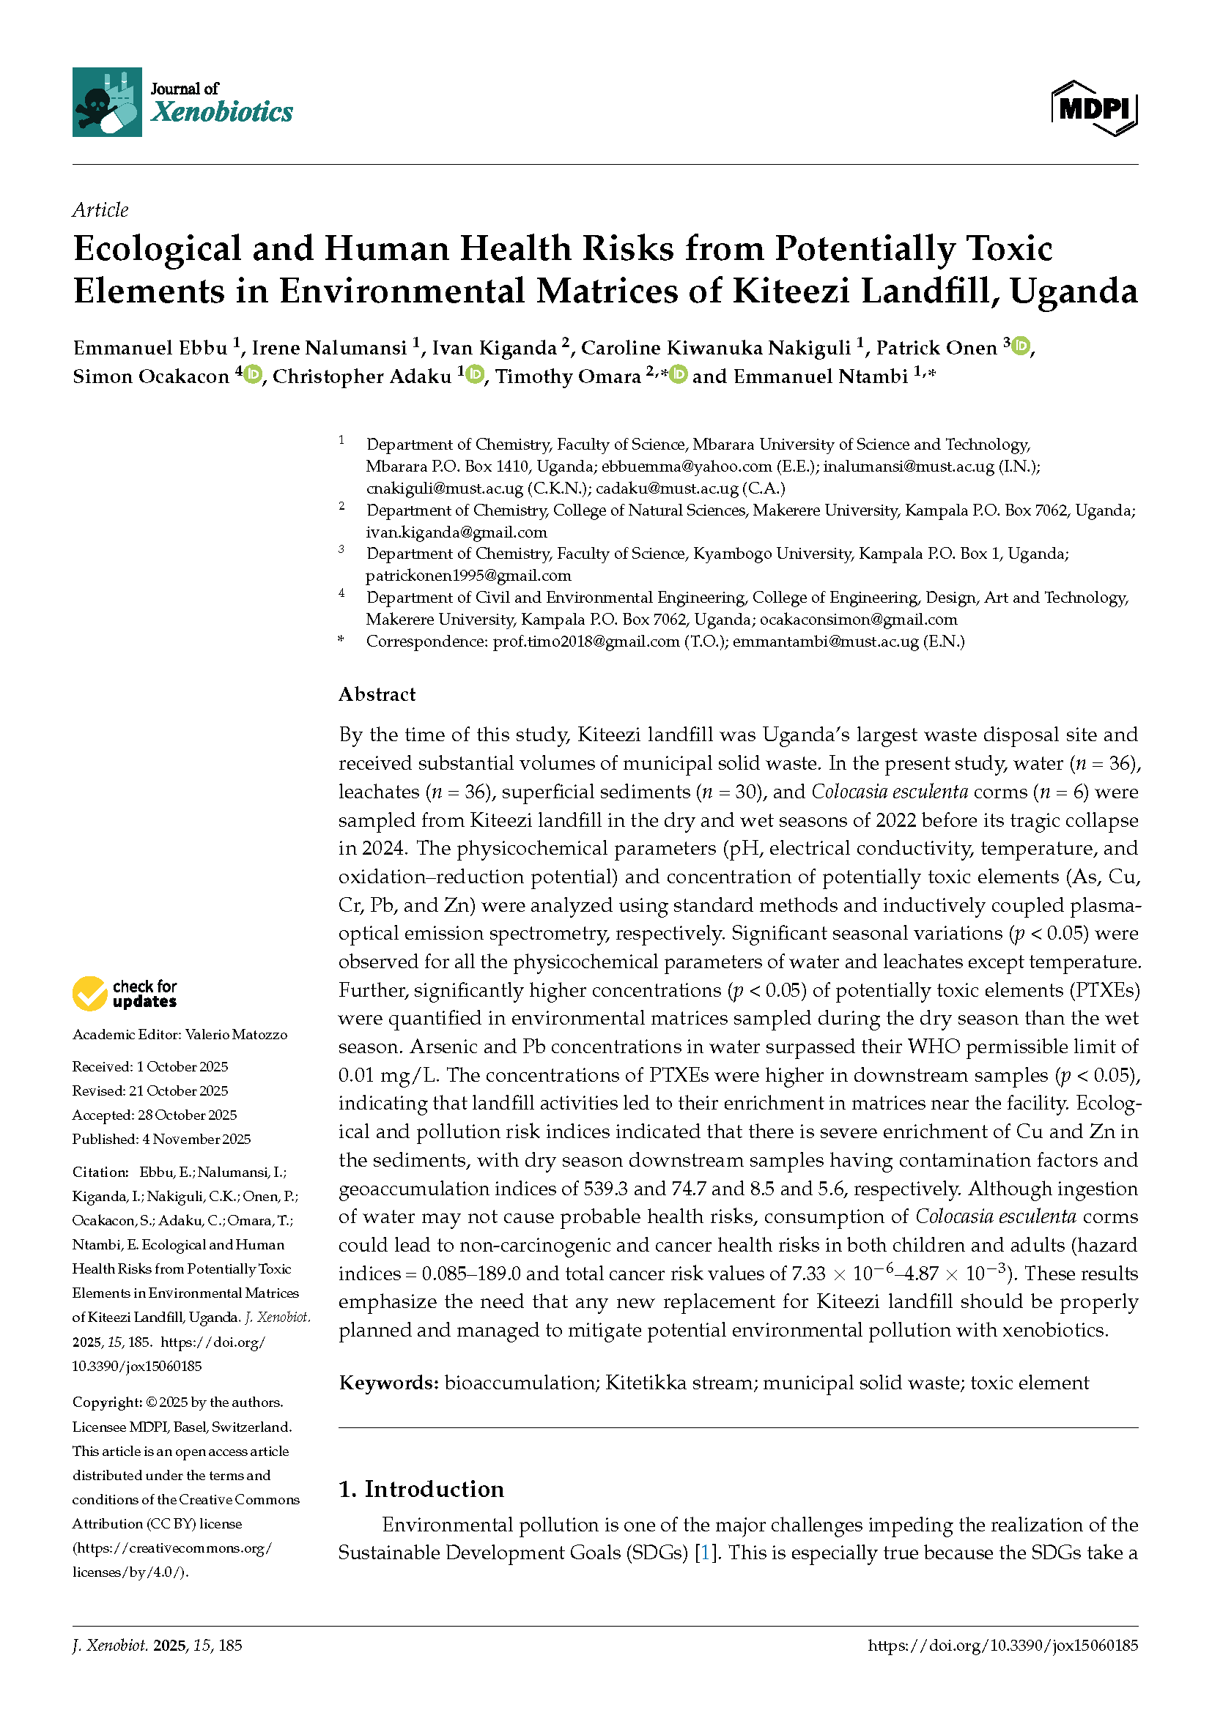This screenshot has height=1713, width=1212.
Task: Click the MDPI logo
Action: [1094, 109]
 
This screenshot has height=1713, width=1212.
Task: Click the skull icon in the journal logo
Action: [96, 105]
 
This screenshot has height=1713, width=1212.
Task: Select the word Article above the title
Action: [100, 210]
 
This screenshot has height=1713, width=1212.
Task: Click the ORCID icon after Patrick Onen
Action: [1021, 346]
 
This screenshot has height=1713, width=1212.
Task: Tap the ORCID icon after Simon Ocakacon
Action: [253, 374]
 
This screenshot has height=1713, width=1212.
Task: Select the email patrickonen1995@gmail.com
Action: [468, 575]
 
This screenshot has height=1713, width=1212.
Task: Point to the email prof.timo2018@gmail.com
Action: [586, 641]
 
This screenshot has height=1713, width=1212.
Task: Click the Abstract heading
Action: [377, 694]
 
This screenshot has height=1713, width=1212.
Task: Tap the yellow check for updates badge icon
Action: [89, 994]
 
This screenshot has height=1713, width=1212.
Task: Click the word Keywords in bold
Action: [388, 1383]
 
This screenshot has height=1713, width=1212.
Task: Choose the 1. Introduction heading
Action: [421, 1489]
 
